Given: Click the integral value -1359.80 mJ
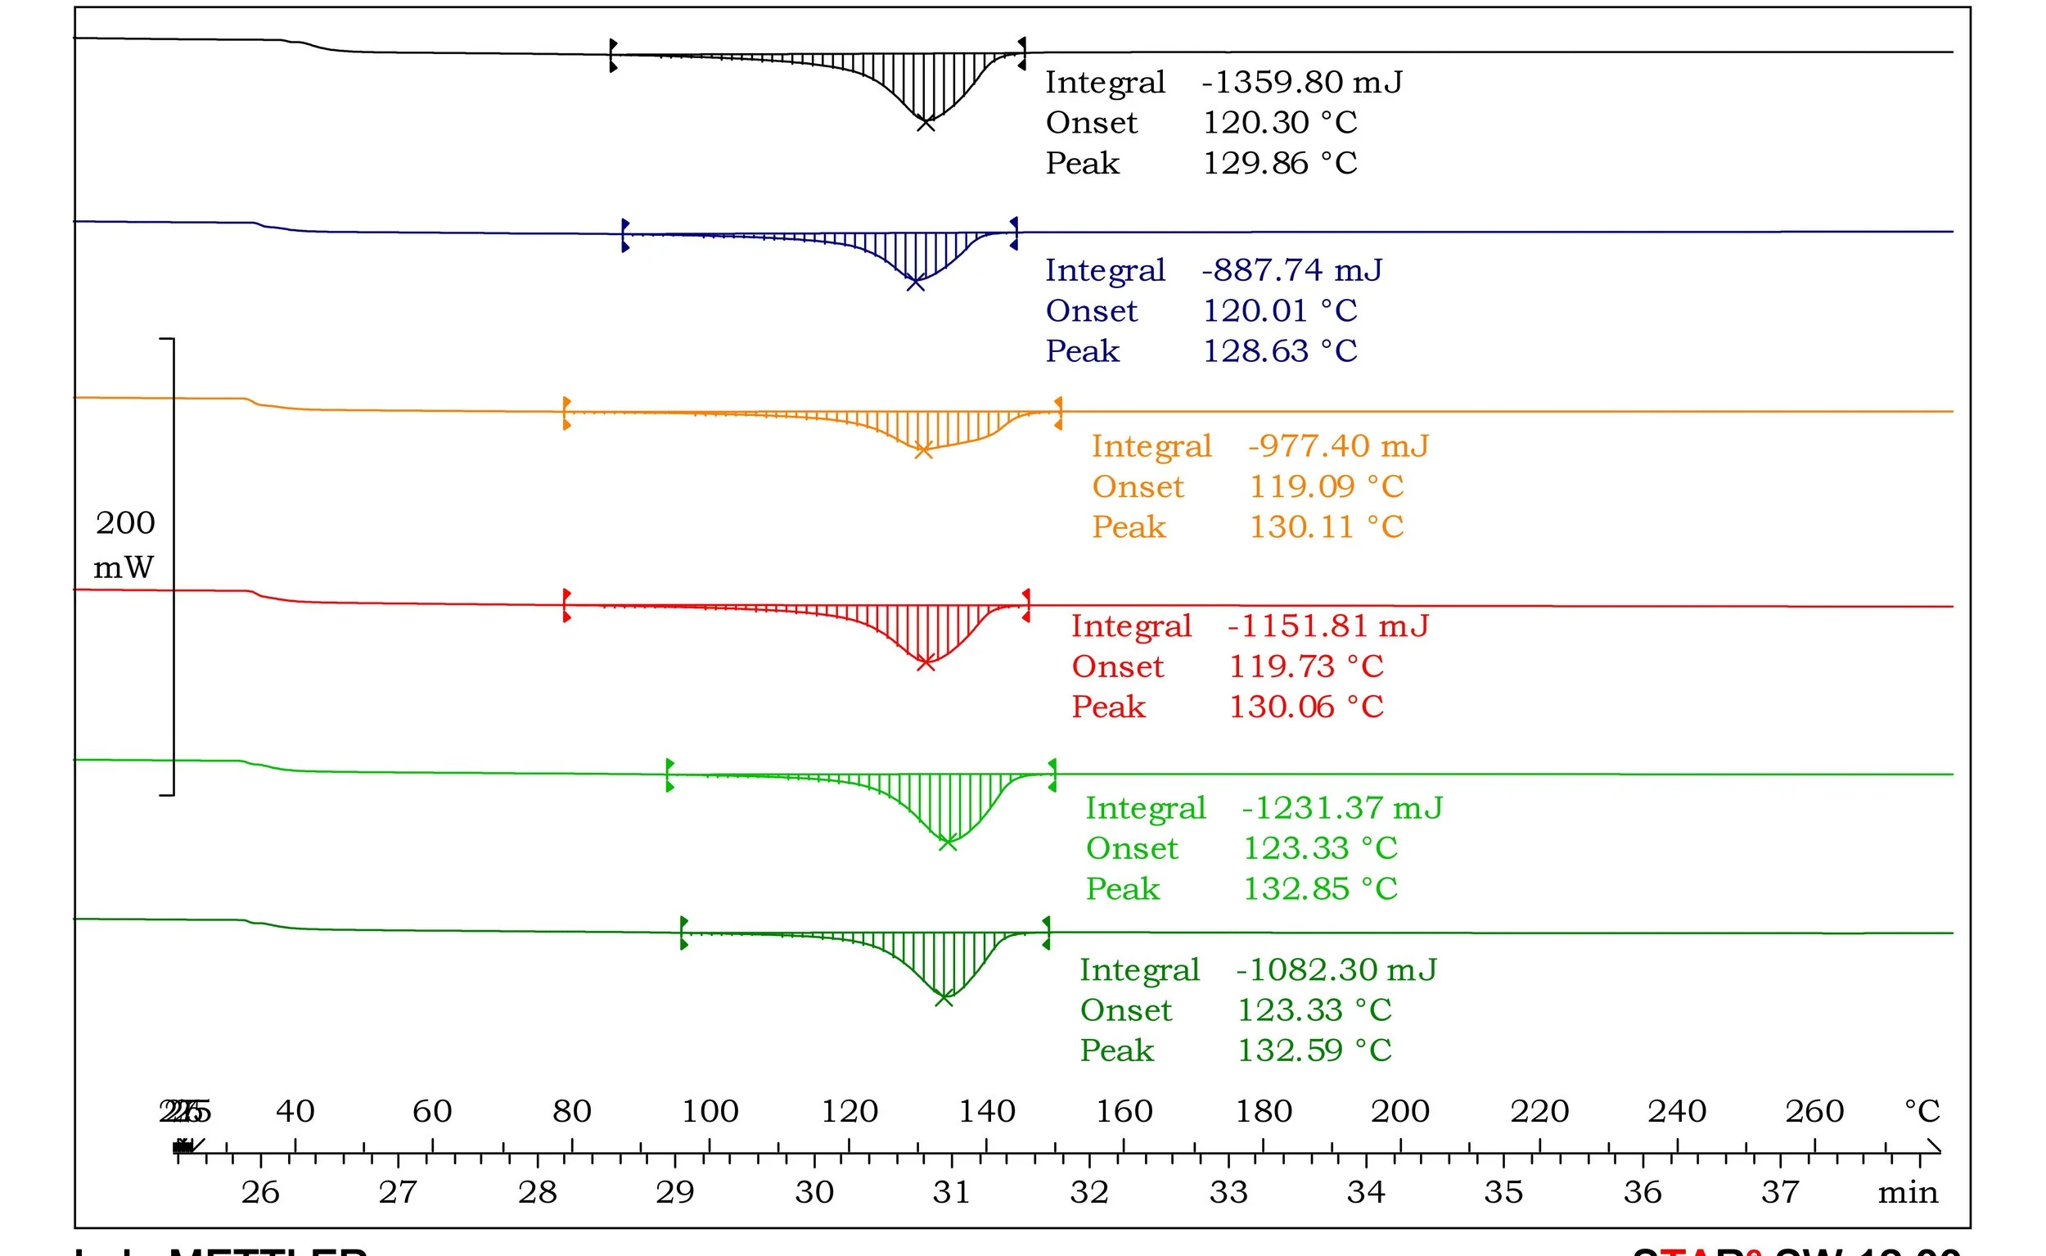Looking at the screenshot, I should pos(1301,82).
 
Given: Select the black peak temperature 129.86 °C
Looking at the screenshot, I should pos(1280,163).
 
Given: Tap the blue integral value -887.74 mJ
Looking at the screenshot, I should pos(1291,270).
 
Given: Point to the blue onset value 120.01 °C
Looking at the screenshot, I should pos(1280,310).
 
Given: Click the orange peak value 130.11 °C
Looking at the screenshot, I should pos(1326,526).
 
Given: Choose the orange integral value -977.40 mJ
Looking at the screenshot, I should pos(1338,446).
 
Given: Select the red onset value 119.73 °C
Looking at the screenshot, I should pos(1306,666).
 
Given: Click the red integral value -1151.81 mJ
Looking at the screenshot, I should pos(1327,626).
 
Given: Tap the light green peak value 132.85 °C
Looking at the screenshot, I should pos(1319,889).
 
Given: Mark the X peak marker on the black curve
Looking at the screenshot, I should pos(926,123).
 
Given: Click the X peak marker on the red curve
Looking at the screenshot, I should pos(926,662).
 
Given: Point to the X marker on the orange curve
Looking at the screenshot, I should pos(922,450).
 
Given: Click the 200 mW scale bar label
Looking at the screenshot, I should pos(124,544).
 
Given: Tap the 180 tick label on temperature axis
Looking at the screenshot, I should pos(1263,1111).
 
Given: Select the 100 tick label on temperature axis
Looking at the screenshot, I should pos(710,1111).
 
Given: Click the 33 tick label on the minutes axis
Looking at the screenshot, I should pos(1228,1193).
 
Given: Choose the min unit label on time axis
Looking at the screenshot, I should pos(1908,1193).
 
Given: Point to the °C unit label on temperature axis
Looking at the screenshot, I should pos(1922,1111).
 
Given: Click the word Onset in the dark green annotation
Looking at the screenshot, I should pos(1125,1010).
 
